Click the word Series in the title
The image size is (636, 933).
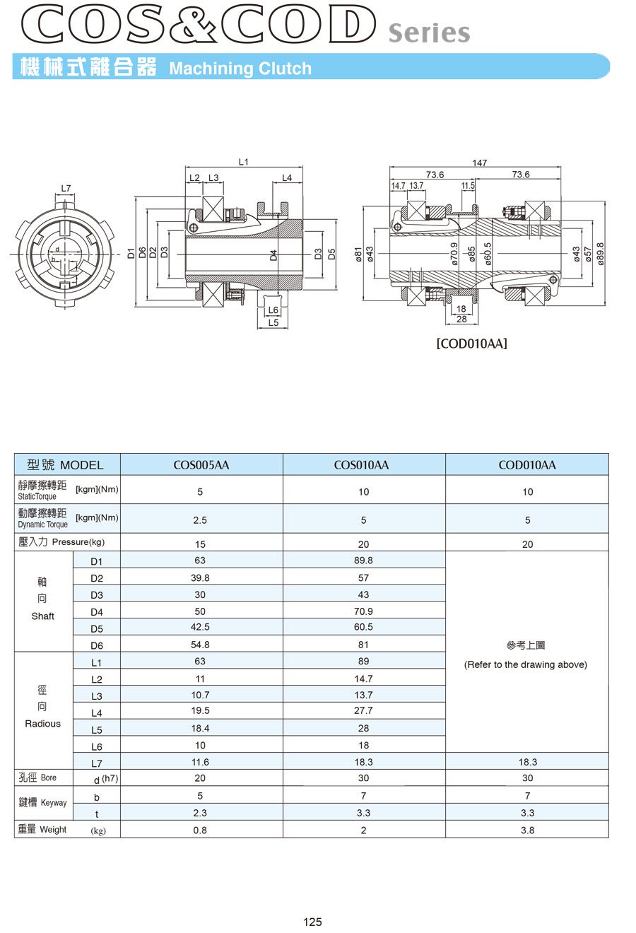coord(429,33)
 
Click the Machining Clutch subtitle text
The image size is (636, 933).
coord(240,69)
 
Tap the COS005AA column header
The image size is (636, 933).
coord(201,465)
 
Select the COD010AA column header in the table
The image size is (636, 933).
coord(527,465)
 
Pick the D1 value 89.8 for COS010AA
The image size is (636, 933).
coord(363,561)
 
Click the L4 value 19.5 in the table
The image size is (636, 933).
coord(200,710)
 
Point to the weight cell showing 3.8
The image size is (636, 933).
coord(527,830)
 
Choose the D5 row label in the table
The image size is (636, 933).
coord(97,628)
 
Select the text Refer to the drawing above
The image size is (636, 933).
coord(526,664)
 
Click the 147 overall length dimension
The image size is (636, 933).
coord(479,163)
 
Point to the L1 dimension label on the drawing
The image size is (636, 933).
coord(244,162)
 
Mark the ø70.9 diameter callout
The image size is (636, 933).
coord(454,254)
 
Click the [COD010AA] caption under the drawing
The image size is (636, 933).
coord(471,344)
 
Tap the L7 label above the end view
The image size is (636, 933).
coord(66,188)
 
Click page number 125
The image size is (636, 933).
coord(312,922)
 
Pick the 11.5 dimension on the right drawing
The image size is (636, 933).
coord(468,185)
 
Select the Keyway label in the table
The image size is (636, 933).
coord(54,803)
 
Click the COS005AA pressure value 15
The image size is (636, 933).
coord(200,544)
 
